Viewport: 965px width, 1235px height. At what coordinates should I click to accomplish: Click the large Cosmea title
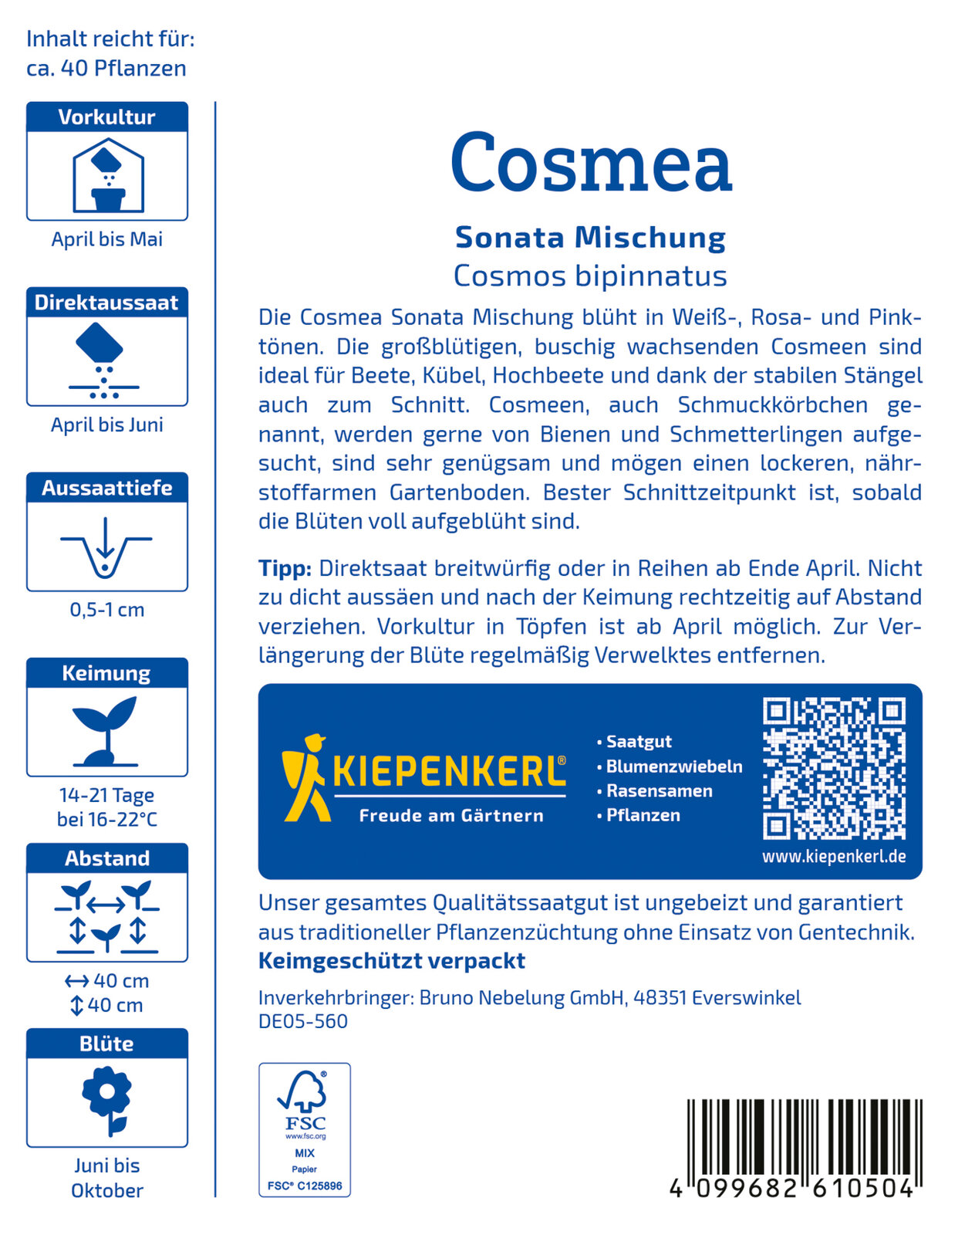pyautogui.click(x=590, y=164)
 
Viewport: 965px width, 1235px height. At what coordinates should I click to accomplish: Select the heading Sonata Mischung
pyautogui.click(x=590, y=237)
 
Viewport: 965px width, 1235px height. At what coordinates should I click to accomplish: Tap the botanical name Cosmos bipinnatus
pyautogui.click(x=590, y=276)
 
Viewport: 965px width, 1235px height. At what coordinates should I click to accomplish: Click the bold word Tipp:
pyautogui.click(x=285, y=569)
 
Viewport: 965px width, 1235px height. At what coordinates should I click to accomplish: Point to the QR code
pyautogui.click(x=834, y=768)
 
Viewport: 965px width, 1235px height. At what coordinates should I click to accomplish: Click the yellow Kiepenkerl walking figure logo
pyautogui.click(x=305, y=777)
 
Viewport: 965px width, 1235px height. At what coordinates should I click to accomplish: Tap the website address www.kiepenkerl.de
pyautogui.click(x=834, y=857)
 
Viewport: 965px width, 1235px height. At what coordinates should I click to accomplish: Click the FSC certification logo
pyautogui.click(x=305, y=1129)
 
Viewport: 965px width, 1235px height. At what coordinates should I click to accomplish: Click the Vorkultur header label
pyautogui.click(x=107, y=117)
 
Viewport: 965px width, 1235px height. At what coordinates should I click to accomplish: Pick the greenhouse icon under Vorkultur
pyautogui.click(x=108, y=176)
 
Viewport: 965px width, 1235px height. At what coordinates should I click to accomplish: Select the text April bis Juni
pyautogui.click(x=107, y=425)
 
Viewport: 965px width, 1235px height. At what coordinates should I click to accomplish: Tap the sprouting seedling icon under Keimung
pyautogui.click(x=106, y=730)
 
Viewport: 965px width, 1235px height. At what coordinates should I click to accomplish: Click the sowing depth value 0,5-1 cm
pyautogui.click(x=107, y=610)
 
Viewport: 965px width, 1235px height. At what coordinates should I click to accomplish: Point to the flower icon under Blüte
pyautogui.click(x=107, y=1100)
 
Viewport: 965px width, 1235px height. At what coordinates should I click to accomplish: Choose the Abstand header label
pyautogui.click(x=107, y=858)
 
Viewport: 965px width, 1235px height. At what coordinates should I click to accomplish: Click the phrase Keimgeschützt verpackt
pyautogui.click(x=392, y=961)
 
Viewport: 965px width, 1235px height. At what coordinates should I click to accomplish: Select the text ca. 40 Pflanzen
pyautogui.click(x=106, y=68)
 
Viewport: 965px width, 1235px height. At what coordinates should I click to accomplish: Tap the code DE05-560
pyautogui.click(x=303, y=1021)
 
